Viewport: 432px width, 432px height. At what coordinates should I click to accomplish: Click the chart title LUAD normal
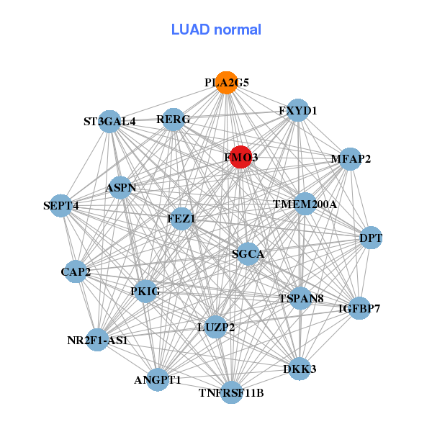coord(216,30)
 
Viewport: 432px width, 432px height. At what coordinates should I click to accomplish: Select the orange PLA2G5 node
coord(226,83)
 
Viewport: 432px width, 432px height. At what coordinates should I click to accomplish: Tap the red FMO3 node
coord(240,157)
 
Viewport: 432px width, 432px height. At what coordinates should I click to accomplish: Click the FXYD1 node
coord(298,110)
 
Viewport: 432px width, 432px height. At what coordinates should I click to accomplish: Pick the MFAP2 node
coord(349,159)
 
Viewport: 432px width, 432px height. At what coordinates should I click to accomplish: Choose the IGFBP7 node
coord(359,308)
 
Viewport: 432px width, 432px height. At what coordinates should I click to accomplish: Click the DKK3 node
coord(300,369)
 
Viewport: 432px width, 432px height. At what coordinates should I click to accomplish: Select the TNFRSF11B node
coord(231,392)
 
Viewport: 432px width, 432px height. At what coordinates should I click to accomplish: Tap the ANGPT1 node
coord(158,379)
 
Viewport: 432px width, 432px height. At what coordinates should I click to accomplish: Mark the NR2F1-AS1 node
coord(97,339)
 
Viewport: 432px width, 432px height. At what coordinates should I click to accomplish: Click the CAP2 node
coord(76,271)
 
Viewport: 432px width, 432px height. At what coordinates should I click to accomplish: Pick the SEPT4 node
coord(62,206)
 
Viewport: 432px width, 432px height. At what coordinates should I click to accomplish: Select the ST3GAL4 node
coord(109,121)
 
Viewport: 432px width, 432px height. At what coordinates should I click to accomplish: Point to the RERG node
coord(173,119)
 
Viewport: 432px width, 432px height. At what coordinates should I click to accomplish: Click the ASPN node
coord(120,187)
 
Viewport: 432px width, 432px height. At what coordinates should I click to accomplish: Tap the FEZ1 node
coord(181,218)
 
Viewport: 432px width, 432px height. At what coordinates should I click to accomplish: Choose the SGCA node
coord(248,253)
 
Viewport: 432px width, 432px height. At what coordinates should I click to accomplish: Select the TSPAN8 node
coord(300,298)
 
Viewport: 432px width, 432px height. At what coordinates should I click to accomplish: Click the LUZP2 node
coord(215,327)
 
